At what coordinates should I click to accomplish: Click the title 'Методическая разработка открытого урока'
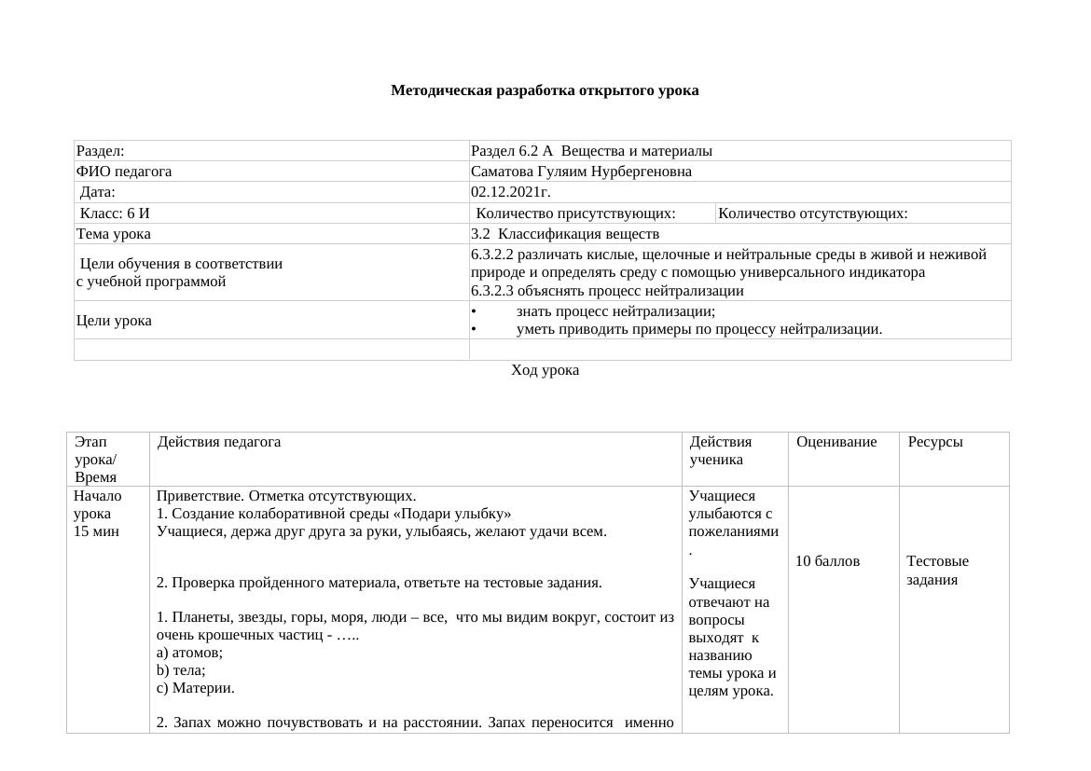pos(545,90)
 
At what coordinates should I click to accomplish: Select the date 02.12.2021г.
pos(511,192)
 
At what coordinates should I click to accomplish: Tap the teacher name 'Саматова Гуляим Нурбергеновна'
pos(581,172)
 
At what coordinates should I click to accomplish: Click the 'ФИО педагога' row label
pos(124,172)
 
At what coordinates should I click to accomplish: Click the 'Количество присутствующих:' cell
pos(588,213)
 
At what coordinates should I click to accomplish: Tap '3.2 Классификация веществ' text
pos(565,234)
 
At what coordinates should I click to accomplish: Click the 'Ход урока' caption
pos(545,370)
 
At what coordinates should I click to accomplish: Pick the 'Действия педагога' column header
pos(219,442)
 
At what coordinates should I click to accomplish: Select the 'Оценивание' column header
pos(836,442)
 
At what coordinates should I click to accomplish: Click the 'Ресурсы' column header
pos(935,442)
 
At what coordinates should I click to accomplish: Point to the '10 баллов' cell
pos(827,561)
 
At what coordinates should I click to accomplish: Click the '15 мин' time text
pos(96,531)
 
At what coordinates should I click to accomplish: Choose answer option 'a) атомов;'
pos(189,653)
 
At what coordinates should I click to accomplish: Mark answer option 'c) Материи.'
pos(196,688)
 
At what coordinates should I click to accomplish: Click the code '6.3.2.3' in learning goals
pos(495,291)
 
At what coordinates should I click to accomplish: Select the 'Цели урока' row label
pos(114,321)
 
